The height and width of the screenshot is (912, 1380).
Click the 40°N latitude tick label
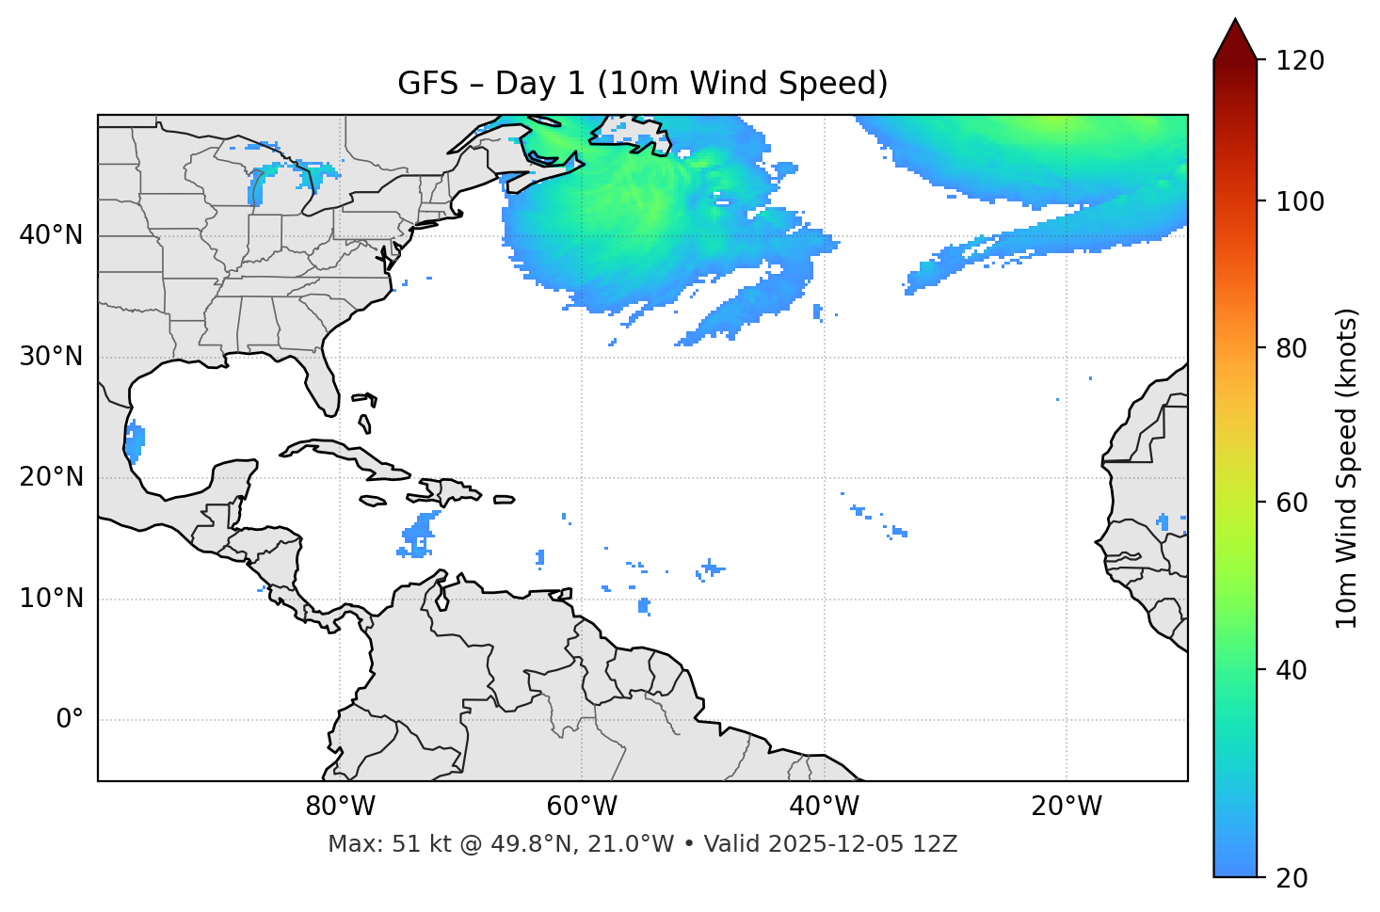tap(51, 235)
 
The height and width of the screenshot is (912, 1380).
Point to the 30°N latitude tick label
tap(51, 357)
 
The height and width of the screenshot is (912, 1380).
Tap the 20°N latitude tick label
tap(51, 477)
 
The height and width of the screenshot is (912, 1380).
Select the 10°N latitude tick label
tap(51, 599)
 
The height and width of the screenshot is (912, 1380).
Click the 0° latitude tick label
tap(69, 720)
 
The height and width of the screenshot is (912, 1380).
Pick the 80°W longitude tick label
tap(340, 807)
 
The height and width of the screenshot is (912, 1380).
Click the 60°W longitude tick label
tap(582, 807)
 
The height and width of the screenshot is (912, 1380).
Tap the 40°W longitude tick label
tap(824, 807)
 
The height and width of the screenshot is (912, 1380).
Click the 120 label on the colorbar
tap(1300, 61)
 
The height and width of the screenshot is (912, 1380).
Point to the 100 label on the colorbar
tap(1300, 201)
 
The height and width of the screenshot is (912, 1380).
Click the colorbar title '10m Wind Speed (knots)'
tap(1347, 468)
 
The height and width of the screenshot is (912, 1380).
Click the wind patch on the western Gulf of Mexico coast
tap(135, 441)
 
